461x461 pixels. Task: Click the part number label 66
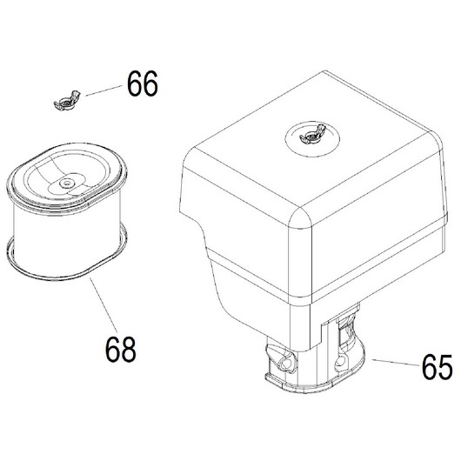(x=143, y=84)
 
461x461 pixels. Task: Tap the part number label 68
(x=121, y=350)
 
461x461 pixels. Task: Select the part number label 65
(x=438, y=366)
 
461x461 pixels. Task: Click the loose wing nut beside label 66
(x=67, y=101)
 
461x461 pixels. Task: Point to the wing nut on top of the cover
(x=312, y=134)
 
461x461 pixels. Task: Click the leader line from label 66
(x=104, y=90)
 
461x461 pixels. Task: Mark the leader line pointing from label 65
(x=396, y=362)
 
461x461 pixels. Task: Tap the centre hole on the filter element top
(x=65, y=184)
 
